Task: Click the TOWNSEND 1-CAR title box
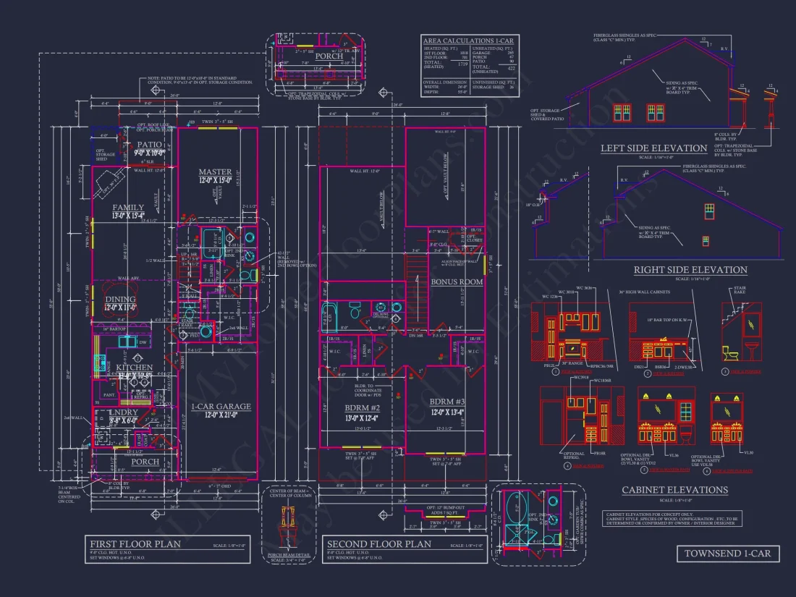[x=728, y=554]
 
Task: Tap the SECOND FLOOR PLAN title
[x=378, y=544]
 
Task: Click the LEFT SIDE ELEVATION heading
[x=653, y=148]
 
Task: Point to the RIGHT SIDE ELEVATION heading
[x=690, y=270]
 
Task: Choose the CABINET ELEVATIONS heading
[x=674, y=490]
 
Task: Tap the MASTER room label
[x=215, y=172]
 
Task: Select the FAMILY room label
[x=128, y=207]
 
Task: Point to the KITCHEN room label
[x=134, y=368]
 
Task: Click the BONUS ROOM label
[x=457, y=281]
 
